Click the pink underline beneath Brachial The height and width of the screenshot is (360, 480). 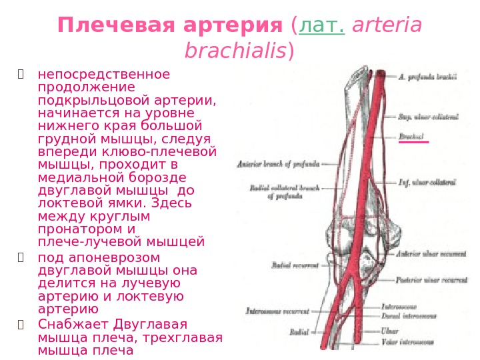tap(413, 142)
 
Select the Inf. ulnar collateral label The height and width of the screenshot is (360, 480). tap(427, 181)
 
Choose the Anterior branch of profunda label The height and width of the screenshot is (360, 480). tap(278, 163)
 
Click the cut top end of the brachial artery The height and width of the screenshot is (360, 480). tap(382, 72)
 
